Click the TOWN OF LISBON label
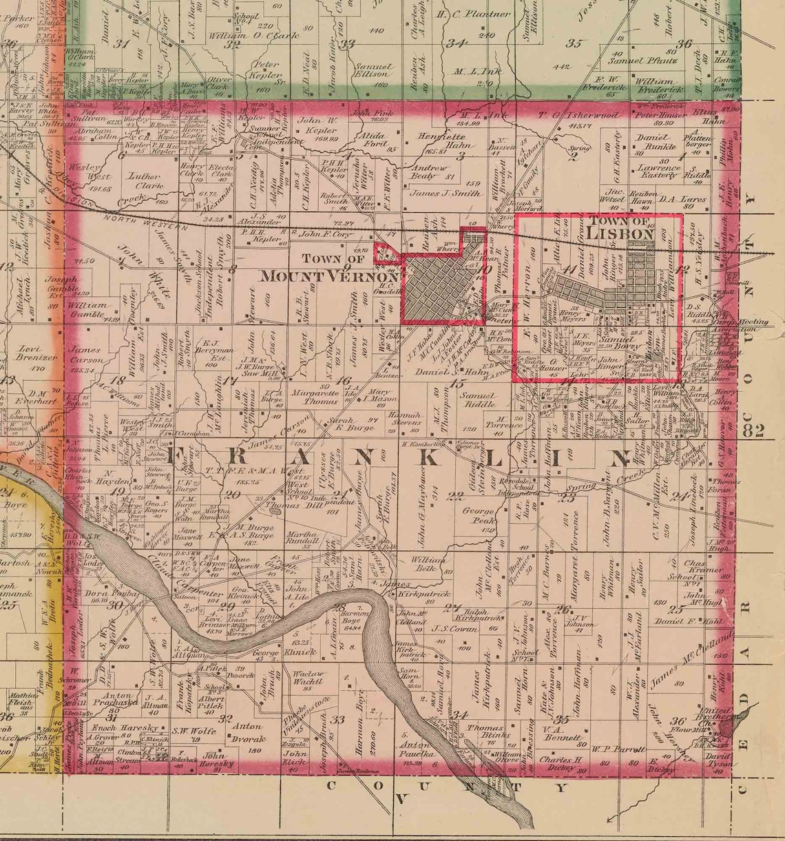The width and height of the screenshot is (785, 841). point(620,227)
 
